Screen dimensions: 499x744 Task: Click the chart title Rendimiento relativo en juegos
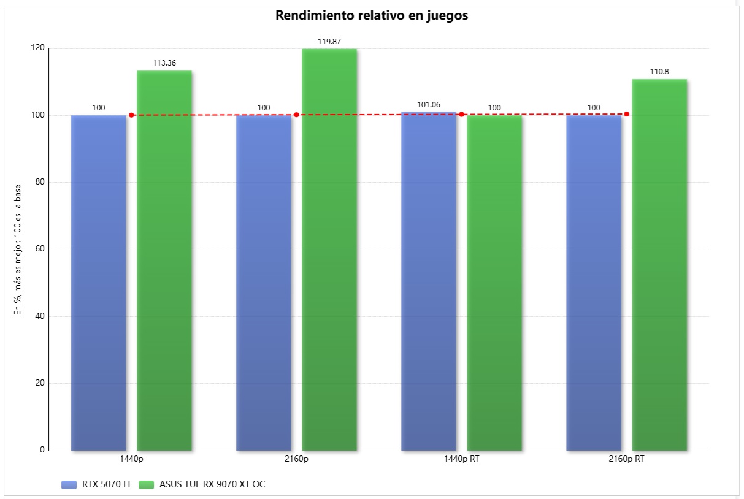(372, 16)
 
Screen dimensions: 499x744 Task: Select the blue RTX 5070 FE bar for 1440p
(99, 282)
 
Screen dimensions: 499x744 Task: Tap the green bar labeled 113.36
(164, 261)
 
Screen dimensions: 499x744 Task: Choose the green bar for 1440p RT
(494, 282)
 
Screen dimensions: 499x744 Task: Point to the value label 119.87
(329, 42)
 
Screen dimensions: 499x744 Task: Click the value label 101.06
(429, 105)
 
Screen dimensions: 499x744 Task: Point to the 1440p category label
(131, 459)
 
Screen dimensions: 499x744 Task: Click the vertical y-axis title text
(18, 250)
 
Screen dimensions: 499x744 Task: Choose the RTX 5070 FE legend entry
(97, 484)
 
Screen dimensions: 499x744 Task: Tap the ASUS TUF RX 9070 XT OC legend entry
(202, 484)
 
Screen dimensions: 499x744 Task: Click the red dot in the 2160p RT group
(626, 114)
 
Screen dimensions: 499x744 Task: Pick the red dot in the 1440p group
(131, 115)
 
